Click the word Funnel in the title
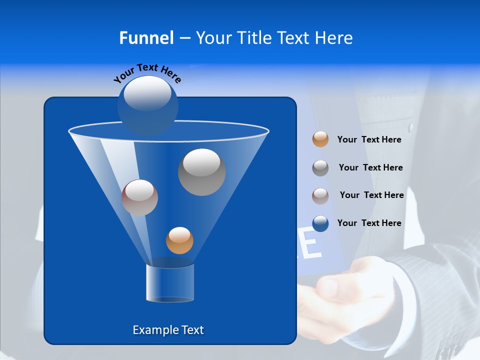pos(146,38)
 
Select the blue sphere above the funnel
pos(147,105)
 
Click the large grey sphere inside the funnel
pos(201,172)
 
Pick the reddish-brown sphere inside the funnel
pos(139,197)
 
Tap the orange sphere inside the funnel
pos(179,240)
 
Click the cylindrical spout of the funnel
pos(170,282)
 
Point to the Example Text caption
pos(168,330)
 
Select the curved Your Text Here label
pos(147,72)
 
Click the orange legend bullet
pos(320,139)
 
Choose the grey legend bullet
pos(320,168)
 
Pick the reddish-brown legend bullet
pos(320,195)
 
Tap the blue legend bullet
pos(320,223)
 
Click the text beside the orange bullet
pos(369,139)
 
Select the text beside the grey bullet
pos(370,167)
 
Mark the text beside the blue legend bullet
pos(369,223)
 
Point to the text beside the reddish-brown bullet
pos(371,195)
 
